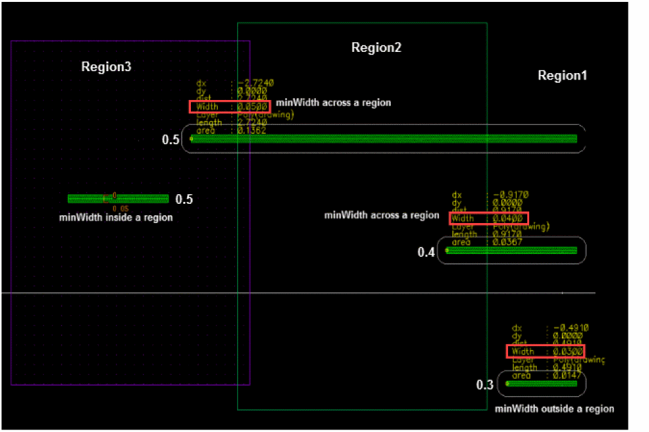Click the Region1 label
click(x=562, y=76)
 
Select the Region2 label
click(x=376, y=48)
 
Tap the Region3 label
click(x=106, y=67)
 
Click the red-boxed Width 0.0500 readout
click(x=229, y=106)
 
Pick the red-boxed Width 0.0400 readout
click(x=489, y=219)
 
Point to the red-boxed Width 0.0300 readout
click(x=545, y=351)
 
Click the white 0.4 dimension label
click(x=426, y=252)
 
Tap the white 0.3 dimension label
click(x=484, y=385)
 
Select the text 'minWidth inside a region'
click(x=116, y=217)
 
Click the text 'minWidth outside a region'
click(x=554, y=408)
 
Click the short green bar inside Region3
click(x=118, y=199)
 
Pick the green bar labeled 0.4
click(x=511, y=251)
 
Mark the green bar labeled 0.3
click(x=542, y=384)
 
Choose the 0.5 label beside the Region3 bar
click(x=184, y=199)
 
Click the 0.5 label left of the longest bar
click(x=170, y=140)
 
